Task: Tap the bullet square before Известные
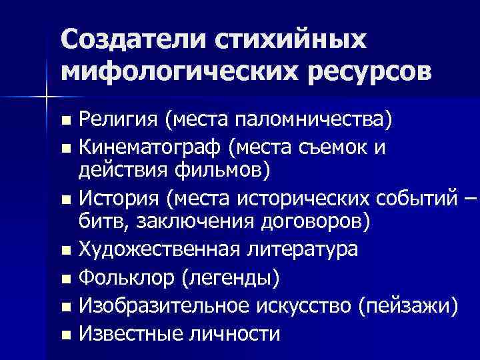[64, 335]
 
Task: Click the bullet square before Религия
[64, 122]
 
